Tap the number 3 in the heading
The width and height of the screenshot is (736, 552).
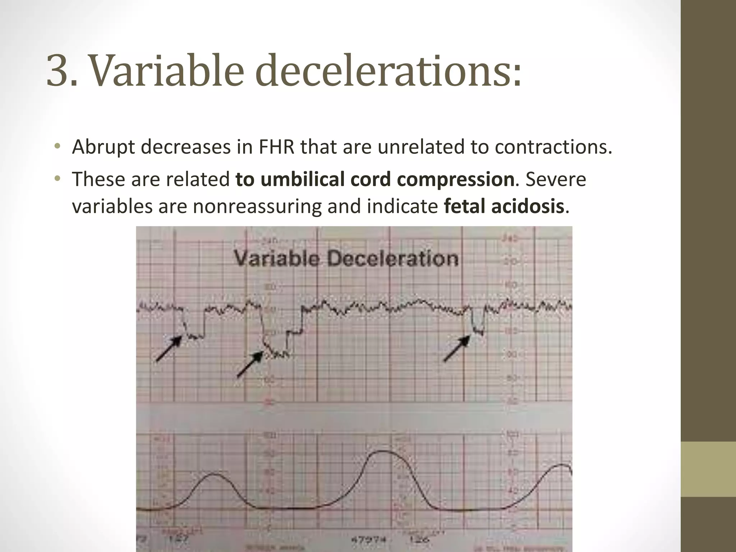57,71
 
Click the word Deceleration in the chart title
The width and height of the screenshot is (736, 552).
393,259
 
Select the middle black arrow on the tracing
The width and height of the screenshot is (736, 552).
250,364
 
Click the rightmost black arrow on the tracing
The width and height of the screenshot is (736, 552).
457,348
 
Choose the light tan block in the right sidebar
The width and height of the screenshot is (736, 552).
708,469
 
